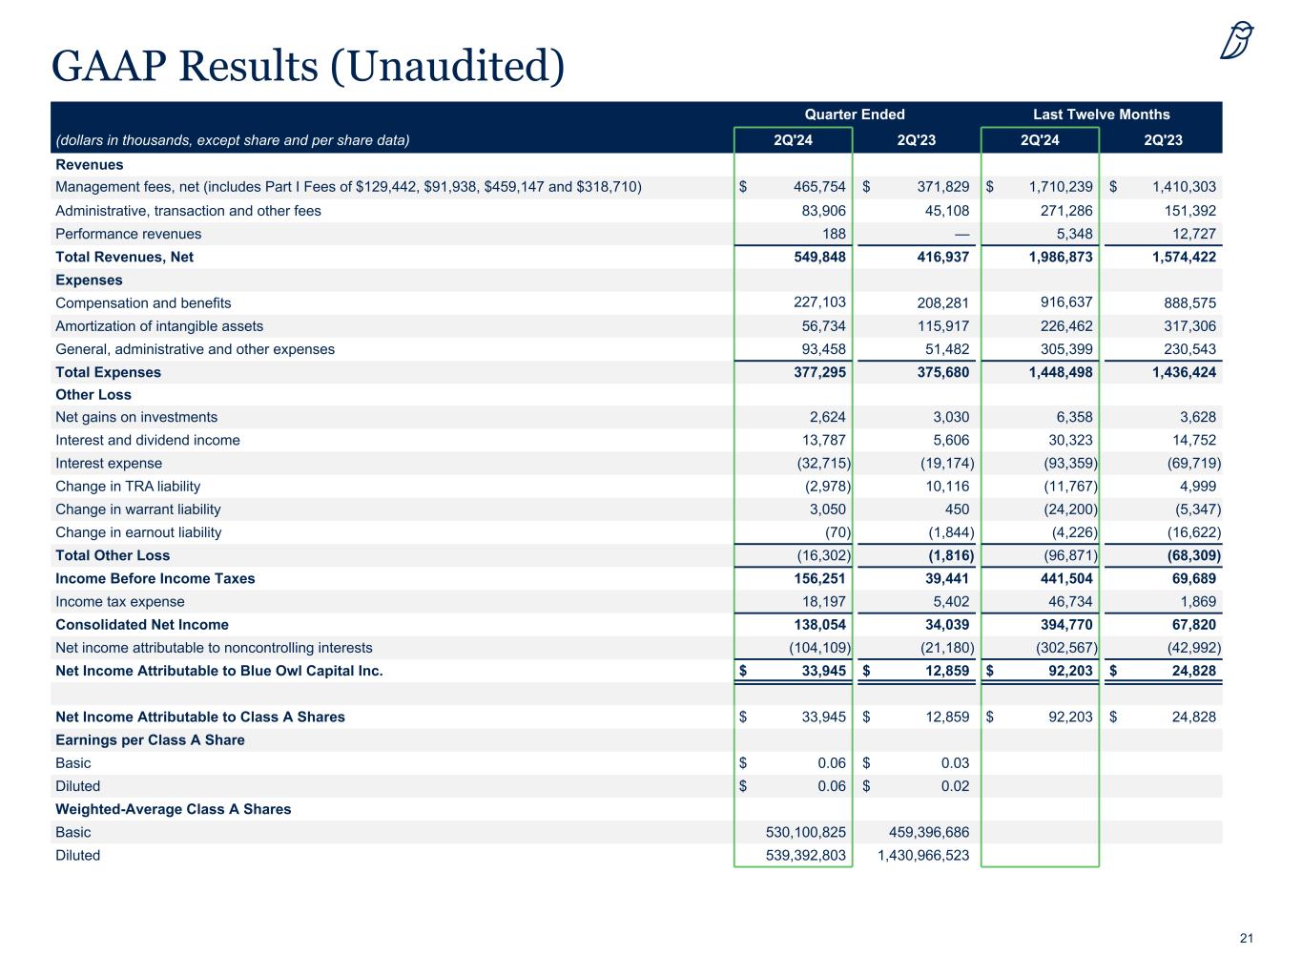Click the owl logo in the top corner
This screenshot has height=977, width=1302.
1236,40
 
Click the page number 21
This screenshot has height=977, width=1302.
1246,939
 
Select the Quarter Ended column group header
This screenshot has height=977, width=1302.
854,114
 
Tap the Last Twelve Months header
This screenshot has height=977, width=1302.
1101,114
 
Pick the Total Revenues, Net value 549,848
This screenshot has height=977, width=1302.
814,257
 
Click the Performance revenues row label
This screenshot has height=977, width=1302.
129,234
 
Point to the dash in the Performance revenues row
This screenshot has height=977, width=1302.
961,234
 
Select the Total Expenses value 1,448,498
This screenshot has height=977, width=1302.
1061,372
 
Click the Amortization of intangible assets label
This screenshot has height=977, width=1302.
159,326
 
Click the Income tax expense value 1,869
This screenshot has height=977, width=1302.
1197,602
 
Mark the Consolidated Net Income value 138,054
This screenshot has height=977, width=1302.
814,625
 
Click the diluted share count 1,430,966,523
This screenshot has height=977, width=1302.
922,855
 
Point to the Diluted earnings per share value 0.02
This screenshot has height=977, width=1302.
954,786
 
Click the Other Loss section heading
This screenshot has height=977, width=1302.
93,395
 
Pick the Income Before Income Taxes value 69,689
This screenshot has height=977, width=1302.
1190,578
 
